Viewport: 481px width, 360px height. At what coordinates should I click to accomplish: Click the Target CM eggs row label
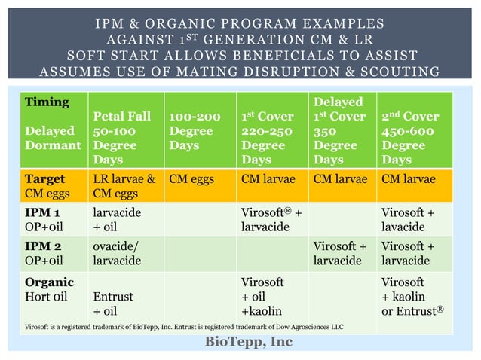pyautogui.click(x=50, y=187)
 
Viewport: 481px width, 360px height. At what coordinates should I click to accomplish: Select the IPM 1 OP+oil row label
pyautogui.click(x=51, y=219)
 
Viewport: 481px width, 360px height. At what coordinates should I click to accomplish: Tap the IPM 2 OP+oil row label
pyautogui.click(x=51, y=253)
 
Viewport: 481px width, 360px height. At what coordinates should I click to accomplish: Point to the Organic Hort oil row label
pyautogui.click(x=51, y=289)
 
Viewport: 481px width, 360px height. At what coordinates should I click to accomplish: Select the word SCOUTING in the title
pyautogui.click(x=400, y=72)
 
